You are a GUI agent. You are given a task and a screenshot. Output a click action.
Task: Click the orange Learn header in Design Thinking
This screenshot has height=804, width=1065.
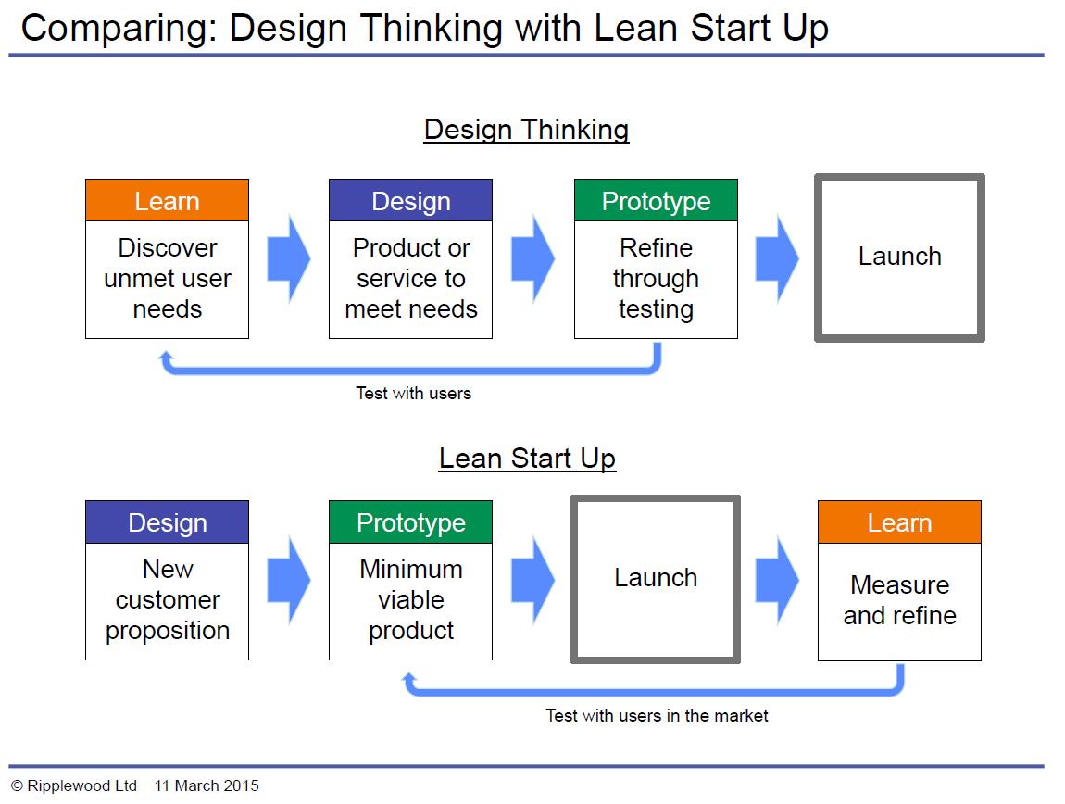[167, 201]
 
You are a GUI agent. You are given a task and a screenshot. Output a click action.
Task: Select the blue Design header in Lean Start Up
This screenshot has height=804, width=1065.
[167, 522]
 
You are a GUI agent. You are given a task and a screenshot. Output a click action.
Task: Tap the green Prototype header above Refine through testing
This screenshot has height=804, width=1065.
[656, 201]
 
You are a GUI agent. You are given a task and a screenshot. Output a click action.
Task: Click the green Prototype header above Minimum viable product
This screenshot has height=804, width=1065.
[410, 522]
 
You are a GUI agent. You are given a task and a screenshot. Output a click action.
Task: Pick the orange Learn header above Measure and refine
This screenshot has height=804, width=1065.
[899, 522]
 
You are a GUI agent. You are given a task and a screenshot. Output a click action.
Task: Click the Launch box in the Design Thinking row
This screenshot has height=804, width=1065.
[899, 258]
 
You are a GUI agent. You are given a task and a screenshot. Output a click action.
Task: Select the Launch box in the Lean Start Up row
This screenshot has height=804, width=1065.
[656, 579]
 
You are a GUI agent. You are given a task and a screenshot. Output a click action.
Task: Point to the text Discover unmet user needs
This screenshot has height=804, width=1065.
[167, 279]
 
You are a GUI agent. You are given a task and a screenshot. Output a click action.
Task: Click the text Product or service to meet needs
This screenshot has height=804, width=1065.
[410, 279]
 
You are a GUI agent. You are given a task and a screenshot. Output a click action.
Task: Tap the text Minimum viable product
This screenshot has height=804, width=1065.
[410, 600]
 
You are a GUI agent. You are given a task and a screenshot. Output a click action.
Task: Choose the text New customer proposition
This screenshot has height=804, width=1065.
[167, 600]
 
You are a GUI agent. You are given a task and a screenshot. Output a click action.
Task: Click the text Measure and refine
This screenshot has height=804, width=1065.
[899, 600]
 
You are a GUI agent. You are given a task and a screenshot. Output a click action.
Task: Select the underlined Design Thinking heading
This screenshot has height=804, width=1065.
[526, 130]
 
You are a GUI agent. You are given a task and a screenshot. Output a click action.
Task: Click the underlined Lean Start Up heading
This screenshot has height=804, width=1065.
[527, 459]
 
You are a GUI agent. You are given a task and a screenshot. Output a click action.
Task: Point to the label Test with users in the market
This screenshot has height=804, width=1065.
[657, 715]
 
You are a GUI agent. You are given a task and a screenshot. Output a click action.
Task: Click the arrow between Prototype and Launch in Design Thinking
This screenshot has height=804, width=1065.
[776, 258]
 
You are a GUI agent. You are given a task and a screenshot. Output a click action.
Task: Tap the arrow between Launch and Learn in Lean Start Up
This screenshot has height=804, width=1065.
[776, 580]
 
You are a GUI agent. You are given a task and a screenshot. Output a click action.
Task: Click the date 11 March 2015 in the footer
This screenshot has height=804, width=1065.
[207, 786]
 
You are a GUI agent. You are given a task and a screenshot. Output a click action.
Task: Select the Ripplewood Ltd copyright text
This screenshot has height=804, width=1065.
[74, 786]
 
